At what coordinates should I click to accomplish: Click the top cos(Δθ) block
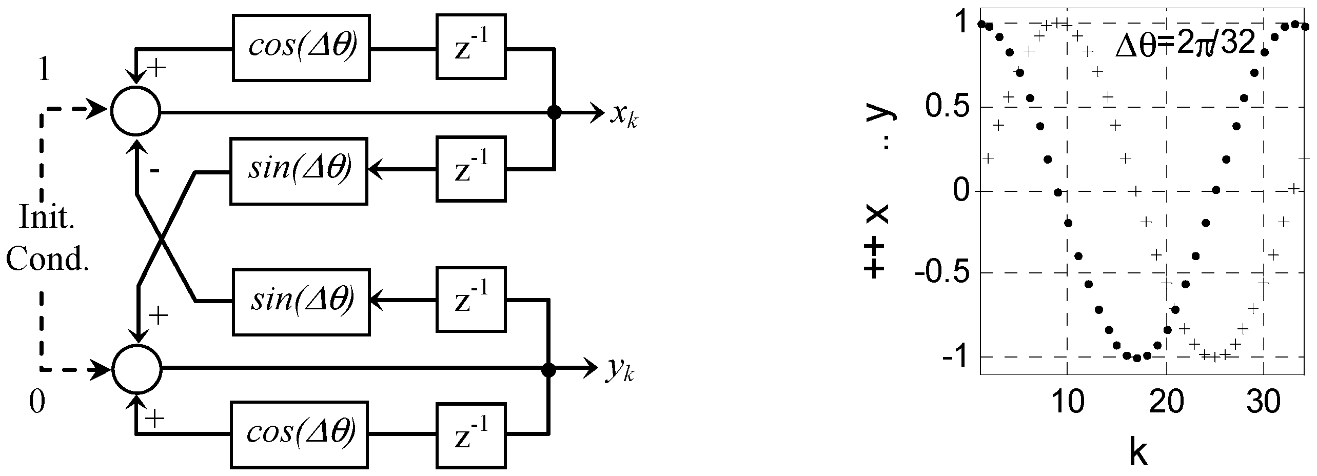301,48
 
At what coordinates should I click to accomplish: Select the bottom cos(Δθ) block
300,435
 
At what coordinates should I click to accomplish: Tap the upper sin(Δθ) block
299,171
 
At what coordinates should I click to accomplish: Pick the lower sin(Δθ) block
301,302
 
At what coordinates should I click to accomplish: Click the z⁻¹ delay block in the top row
470,47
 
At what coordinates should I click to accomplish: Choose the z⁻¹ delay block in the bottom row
470,435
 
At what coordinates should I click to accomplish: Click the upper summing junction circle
136,110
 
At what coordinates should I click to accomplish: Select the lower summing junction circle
137,369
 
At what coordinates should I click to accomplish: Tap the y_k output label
619,372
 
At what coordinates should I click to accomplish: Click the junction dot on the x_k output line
554,111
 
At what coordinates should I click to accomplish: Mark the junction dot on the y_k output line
548,369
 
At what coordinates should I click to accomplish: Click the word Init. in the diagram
47,218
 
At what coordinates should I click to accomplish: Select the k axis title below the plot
1137,452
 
